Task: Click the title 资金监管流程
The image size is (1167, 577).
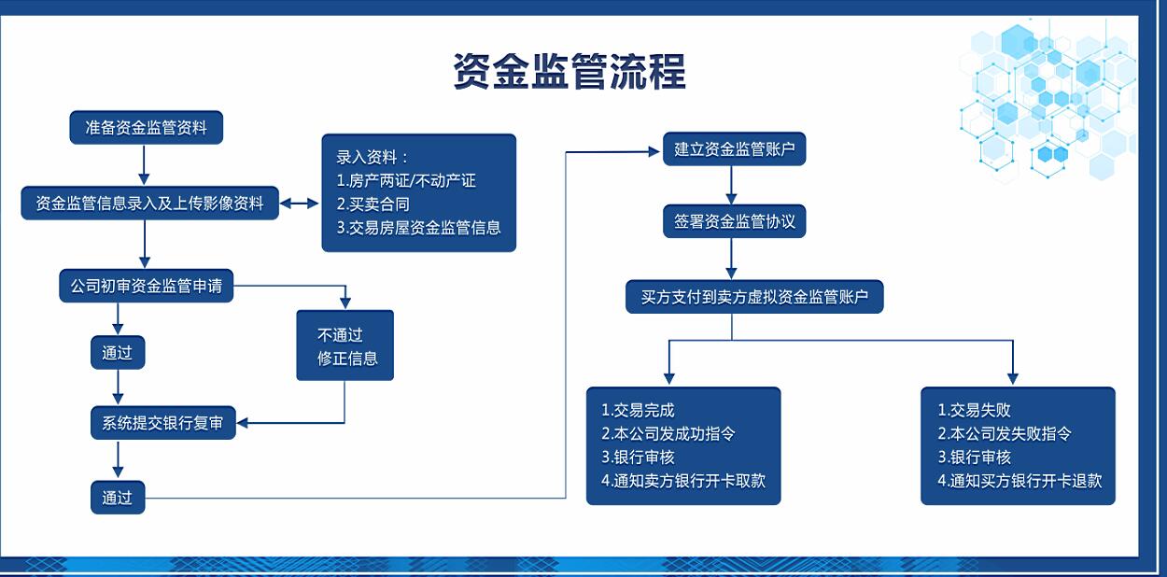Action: (x=569, y=71)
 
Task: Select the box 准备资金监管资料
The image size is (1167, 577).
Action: (x=147, y=127)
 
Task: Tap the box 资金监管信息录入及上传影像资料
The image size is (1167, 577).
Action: (x=150, y=203)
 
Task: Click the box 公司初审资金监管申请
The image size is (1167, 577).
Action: (x=147, y=286)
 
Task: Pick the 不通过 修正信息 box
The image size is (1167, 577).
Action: (x=344, y=345)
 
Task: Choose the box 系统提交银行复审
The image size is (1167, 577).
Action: (x=163, y=423)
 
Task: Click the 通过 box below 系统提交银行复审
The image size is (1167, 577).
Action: (x=118, y=498)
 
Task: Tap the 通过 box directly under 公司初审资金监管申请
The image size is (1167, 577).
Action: (x=118, y=353)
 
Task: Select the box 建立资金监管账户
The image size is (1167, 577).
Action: (x=734, y=149)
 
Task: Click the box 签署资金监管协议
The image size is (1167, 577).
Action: (x=734, y=221)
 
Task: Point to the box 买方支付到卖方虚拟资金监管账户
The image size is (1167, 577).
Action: (x=754, y=297)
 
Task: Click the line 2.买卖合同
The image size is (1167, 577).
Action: (x=373, y=204)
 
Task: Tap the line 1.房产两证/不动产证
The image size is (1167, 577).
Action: (x=406, y=180)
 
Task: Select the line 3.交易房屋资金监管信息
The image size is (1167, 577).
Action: (x=418, y=227)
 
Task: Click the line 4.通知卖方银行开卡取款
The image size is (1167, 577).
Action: (x=683, y=481)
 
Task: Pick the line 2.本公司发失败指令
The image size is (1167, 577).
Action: (x=1004, y=433)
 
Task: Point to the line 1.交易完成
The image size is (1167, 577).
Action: (x=638, y=410)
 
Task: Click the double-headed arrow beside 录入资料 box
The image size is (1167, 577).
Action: (x=300, y=204)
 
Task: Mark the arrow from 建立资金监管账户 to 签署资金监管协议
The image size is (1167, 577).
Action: (x=731, y=185)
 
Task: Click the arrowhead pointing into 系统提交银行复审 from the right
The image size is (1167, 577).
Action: (x=242, y=423)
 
